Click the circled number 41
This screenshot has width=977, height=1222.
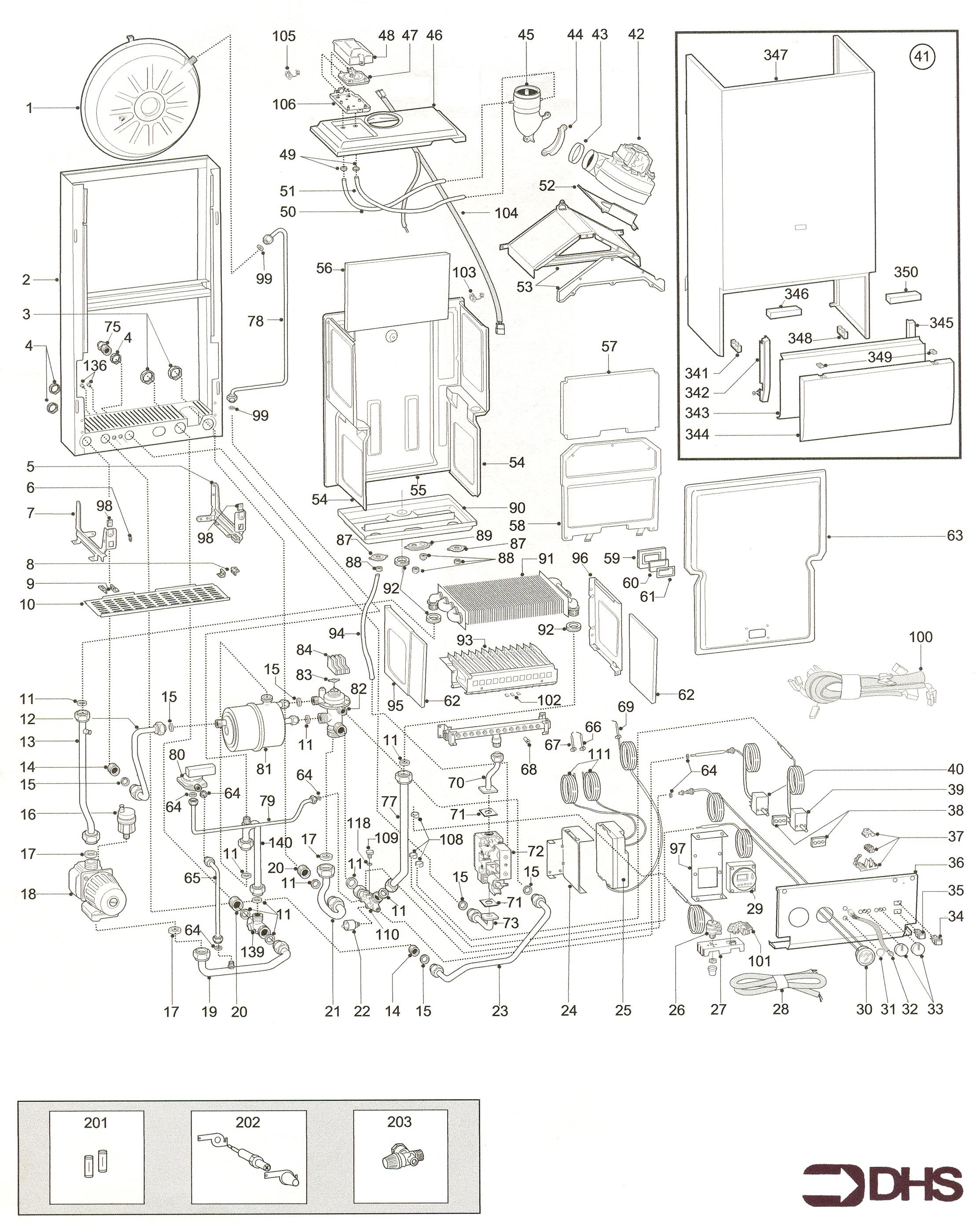[922, 56]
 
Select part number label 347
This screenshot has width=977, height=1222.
[775, 55]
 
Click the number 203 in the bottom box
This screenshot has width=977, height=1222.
[399, 1122]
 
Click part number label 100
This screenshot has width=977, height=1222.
[920, 637]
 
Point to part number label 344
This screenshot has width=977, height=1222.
[697, 434]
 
